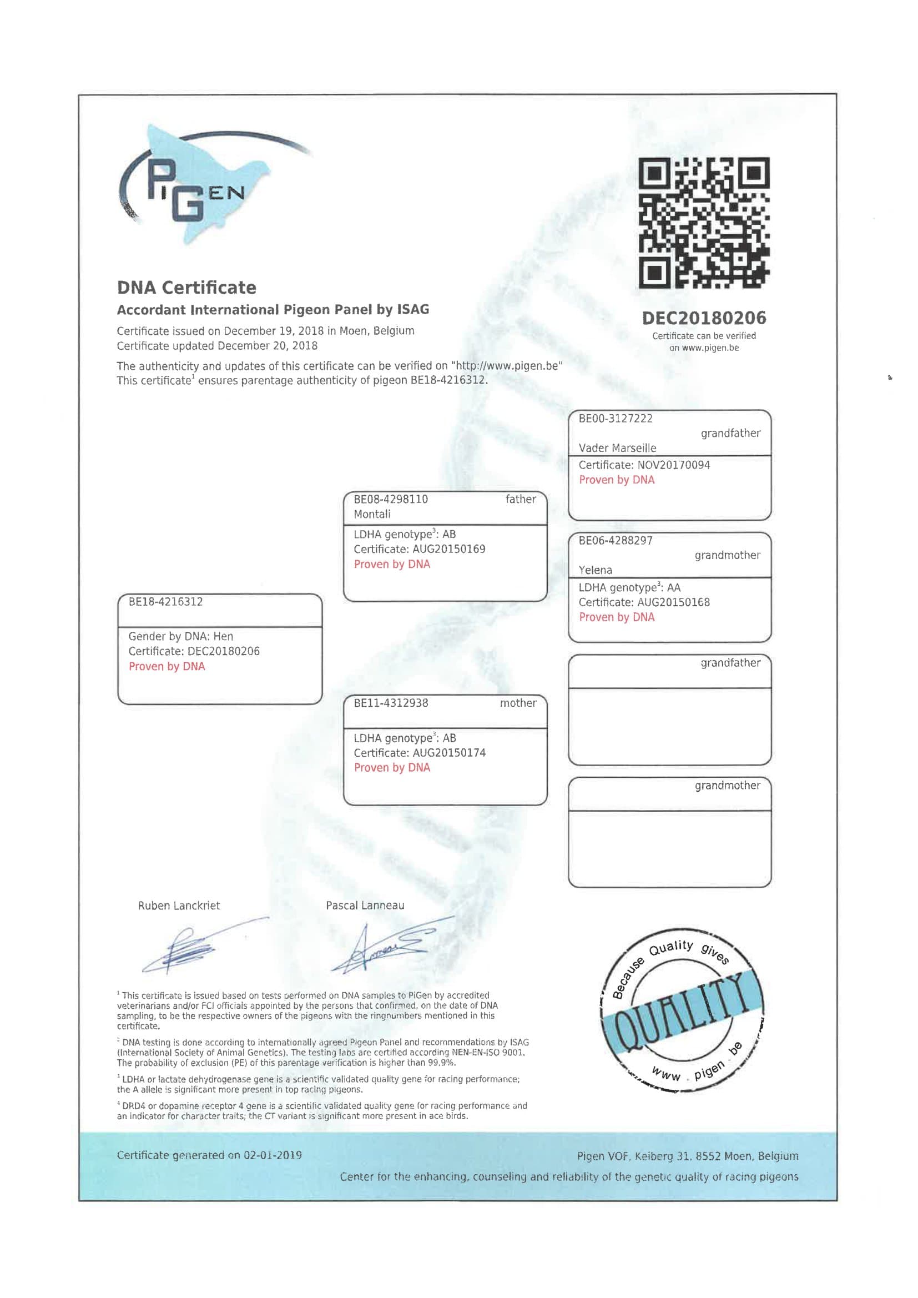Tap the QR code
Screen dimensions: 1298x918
click(x=704, y=223)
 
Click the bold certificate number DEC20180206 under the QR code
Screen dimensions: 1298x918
click(x=704, y=318)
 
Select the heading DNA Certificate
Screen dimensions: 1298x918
click(x=186, y=288)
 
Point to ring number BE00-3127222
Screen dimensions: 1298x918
click(x=615, y=419)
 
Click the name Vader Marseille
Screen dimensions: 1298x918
click(x=617, y=449)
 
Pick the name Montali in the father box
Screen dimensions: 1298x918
click(x=372, y=515)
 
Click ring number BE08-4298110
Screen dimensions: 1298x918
click(x=391, y=499)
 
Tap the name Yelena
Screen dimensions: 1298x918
click(x=595, y=570)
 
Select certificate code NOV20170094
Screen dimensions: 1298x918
click(x=674, y=465)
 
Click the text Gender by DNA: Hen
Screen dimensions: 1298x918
click(x=181, y=637)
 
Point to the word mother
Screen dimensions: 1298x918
click(x=518, y=703)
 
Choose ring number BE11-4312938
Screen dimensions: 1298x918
click(x=391, y=703)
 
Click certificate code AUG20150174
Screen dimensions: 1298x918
click(x=449, y=753)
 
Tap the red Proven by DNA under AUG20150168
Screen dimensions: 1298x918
click(x=617, y=617)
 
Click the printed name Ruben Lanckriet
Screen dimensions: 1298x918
click(x=179, y=905)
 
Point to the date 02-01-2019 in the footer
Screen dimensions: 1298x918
click(x=273, y=1155)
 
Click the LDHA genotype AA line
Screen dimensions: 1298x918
click(x=629, y=588)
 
